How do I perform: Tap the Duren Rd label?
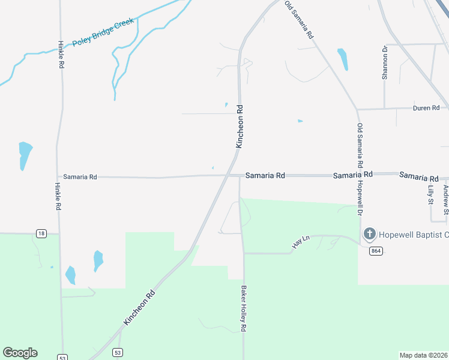coord(427,108)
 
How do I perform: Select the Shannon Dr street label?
coord(385,63)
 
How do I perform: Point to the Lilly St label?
coord(430,196)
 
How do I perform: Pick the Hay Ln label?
coord(300,241)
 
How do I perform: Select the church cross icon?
coord(370,233)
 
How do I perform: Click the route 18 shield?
coord(41,233)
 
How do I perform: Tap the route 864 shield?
coord(376,250)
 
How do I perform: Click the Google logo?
coord(20,352)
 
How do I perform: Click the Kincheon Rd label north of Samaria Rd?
coord(240,127)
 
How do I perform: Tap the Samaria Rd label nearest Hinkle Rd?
coord(80,177)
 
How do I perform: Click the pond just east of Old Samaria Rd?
coord(343,59)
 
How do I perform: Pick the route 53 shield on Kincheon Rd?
coord(118,352)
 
